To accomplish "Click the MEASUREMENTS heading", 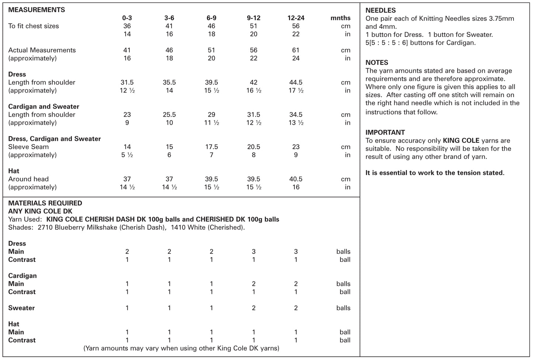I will pyautogui.click(x=37, y=10).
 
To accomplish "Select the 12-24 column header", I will pyautogui.click(x=296, y=18).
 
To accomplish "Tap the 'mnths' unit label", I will pyautogui.click(x=340, y=18).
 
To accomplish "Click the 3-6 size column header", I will pyautogui.click(x=169, y=18).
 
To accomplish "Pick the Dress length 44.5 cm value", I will pyautogui.click(x=296, y=82).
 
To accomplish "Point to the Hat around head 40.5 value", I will pyautogui.click(x=296, y=179).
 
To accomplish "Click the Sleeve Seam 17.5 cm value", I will pyautogui.click(x=211, y=147).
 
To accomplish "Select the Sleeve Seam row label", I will pyautogui.click(x=28, y=147).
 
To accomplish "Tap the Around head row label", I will pyautogui.click(x=28, y=179).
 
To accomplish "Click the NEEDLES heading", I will pyautogui.click(x=381, y=10).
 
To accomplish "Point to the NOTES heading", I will pyautogui.click(x=377, y=63).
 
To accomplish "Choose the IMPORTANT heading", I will pyautogui.click(x=385, y=132).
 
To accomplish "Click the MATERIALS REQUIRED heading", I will pyautogui.click(x=45, y=203).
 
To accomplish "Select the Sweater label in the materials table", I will pyautogui.click(x=21, y=308).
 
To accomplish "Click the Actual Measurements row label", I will pyautogui.click(x=42, y=50).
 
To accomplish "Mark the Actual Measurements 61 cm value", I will pyautogui.click(x=296, y=50).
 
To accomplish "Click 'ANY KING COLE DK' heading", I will pyautogui.click(x=40, y=211).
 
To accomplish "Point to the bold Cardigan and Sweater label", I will pyautogui.click(x=44, y=107).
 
